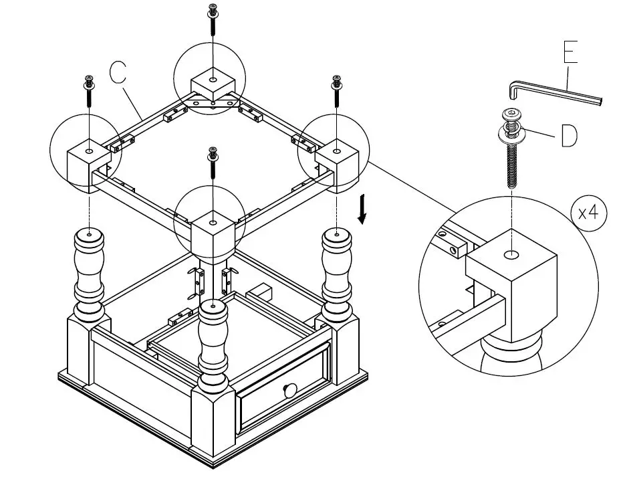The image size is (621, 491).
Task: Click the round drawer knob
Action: (289, 389)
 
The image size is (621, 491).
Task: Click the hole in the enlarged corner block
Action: (511, 254)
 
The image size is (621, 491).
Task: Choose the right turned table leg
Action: (336, 274)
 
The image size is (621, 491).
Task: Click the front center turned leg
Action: (213, 348)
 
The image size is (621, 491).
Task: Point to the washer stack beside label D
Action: (511, 127)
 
